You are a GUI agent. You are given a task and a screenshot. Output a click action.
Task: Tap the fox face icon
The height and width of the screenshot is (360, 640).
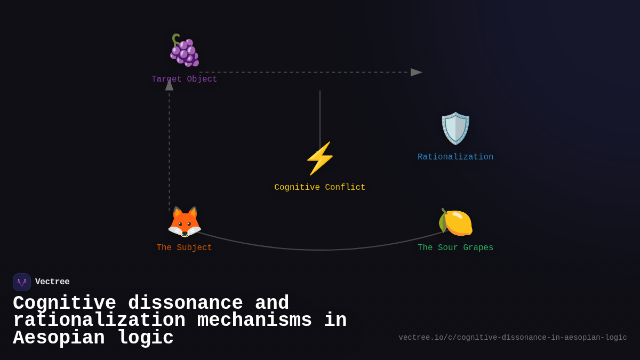coord(185,222)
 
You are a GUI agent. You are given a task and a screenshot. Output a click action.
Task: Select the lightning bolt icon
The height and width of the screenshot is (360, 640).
coord(320,158)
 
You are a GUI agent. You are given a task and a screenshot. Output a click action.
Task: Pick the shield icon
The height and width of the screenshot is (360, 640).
coord(455,128)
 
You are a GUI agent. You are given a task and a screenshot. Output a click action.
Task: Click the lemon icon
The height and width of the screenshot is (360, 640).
coord(455,222)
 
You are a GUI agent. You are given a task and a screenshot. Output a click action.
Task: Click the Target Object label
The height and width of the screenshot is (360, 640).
coord(185,79)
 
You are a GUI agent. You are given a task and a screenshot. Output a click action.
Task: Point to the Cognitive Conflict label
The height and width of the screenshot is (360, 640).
coord(320,188)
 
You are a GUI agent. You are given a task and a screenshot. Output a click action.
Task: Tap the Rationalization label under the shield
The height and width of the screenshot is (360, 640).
coord(455,157)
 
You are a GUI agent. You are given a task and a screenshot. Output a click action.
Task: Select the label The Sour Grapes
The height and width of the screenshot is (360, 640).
coord(455,248)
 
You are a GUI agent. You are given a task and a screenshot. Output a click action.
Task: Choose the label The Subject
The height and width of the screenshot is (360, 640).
coord(185,248)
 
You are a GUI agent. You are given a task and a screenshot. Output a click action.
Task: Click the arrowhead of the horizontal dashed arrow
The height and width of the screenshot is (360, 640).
coord(416,73)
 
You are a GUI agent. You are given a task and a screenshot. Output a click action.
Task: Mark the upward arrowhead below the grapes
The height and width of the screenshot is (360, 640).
coord(170,85)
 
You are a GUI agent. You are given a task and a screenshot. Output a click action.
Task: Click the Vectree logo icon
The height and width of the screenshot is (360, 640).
coord(22,282)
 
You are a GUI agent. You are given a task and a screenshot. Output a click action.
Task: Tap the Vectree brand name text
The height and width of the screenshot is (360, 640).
coord(52,282)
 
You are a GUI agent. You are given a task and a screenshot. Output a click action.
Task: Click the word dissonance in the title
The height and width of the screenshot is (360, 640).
coord(186,303)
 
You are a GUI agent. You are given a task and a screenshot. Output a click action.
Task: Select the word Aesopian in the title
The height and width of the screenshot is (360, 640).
coord(59,338)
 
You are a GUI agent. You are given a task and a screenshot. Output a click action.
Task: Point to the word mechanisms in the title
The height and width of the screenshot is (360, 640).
coord(254,321)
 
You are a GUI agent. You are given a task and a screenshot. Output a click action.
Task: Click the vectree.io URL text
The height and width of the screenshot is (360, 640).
coord(513,338)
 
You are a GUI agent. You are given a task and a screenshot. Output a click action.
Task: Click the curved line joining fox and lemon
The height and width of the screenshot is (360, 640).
coord(320,250)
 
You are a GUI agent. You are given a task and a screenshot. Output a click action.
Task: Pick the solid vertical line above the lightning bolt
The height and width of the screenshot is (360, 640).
coord(320,117)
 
